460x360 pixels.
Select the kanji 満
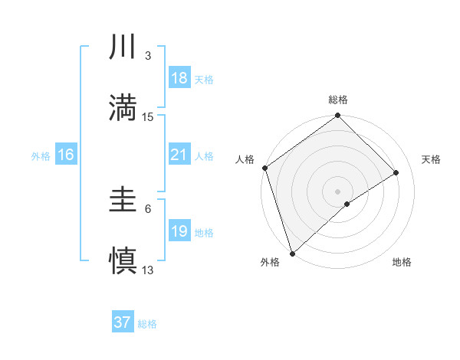(x=123, y=108)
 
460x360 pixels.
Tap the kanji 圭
(x=123, y=201)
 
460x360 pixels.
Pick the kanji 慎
(x=123, y=260)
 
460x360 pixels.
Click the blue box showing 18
(x=179, y=79)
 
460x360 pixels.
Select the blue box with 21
(x=179, y=155)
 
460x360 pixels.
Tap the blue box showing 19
(x=179, y=231)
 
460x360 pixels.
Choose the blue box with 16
(x=66, y=155)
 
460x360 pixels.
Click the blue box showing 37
(x=123, y=322)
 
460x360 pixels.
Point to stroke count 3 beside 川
(x=148, y=56)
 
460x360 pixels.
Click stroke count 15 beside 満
(x=148, y=117)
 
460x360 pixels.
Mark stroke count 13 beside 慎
(x=148, y=270)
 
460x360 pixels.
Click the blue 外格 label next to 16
(x=41, y=155)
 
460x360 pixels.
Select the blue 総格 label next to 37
(x=147, y=324)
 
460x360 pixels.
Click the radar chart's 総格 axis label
(x=338, y=100)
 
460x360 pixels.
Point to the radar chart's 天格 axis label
(x=432, y=159)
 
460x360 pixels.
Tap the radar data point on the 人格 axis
(x=264, y=169)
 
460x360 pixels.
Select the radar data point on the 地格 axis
(x=347, y=204)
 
